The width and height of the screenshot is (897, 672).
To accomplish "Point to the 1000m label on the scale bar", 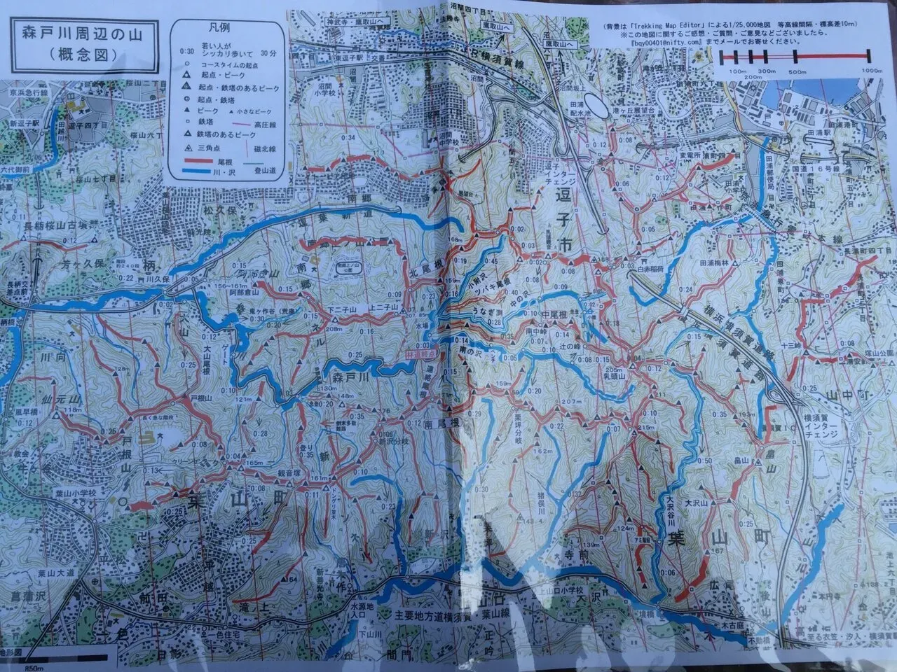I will point(870,71).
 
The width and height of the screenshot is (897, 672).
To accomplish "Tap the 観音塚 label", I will point(285,472).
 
